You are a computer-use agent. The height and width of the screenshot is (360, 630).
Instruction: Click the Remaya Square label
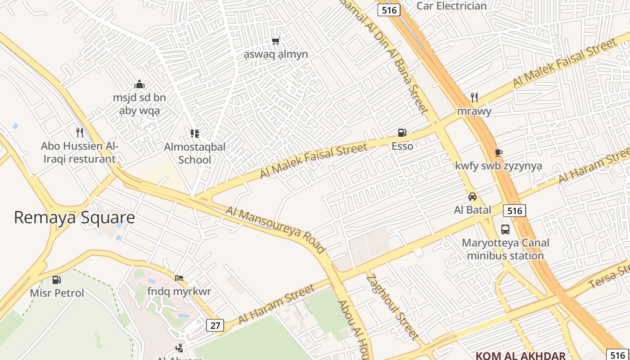coord(74,217)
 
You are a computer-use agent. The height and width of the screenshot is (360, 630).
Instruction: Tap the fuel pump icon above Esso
coord(402,132)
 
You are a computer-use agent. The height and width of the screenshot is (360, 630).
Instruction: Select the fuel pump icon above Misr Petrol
coord(57,279)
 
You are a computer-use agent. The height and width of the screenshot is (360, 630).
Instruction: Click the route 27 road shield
coord(216,325)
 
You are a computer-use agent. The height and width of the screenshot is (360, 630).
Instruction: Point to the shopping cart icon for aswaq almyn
coord(275,41)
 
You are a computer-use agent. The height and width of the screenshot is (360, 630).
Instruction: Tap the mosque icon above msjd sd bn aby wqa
coord(139,84)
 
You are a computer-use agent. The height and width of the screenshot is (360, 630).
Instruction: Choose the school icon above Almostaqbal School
coord(194,133)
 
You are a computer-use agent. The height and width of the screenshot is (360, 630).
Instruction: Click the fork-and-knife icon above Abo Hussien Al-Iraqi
coord(80,132)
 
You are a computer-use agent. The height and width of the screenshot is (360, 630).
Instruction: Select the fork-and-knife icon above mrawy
coord(474,97)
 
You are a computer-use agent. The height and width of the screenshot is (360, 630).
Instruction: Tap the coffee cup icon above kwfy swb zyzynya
coord(498,152)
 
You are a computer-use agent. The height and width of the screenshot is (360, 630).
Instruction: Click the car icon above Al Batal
coord(472,196)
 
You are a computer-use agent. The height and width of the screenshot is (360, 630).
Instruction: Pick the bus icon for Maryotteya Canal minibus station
coord(505,229)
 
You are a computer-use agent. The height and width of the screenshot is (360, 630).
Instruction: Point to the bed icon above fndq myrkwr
coord(179,278)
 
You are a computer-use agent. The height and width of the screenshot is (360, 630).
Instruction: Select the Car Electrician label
coord(451,6)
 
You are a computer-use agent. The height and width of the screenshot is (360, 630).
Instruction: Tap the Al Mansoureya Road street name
coord(275,229)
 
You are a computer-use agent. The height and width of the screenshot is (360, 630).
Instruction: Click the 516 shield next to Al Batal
coord(514,211)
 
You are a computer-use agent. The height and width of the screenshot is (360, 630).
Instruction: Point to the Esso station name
coord(402,146)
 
